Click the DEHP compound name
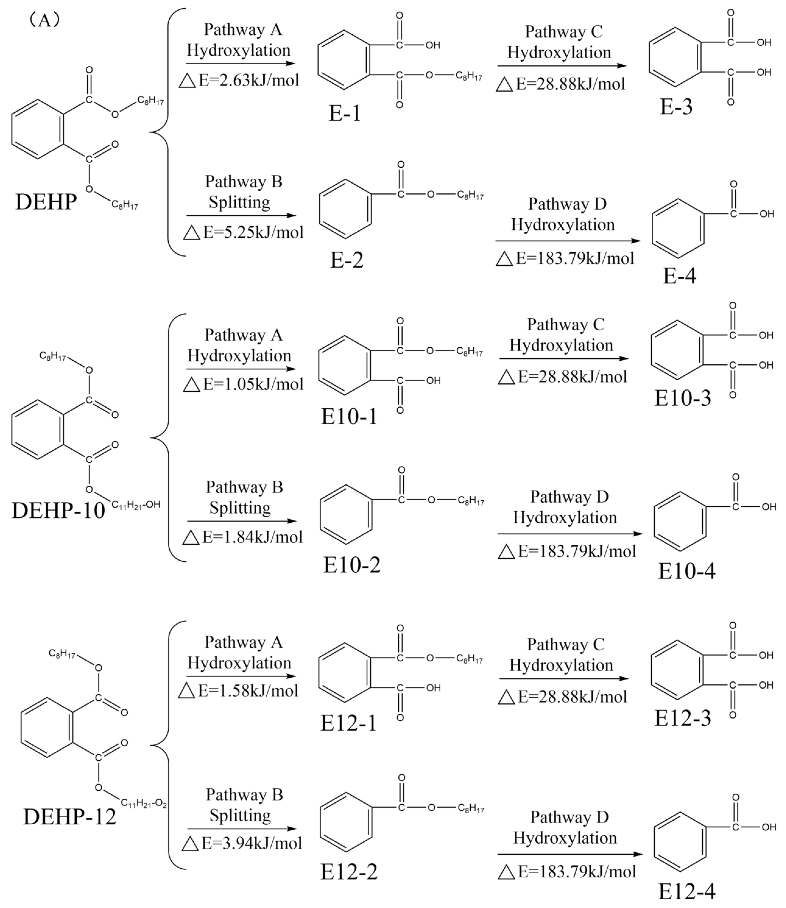(46, 202)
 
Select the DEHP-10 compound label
(58, 510)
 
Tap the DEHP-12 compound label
(70, 817)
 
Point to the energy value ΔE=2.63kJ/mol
(240, 80)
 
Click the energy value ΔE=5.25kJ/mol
(244, 232)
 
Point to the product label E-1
(345, 114)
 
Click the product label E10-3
(683, 399)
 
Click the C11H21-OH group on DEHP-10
(136, 505)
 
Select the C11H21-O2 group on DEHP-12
(144, 803)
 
